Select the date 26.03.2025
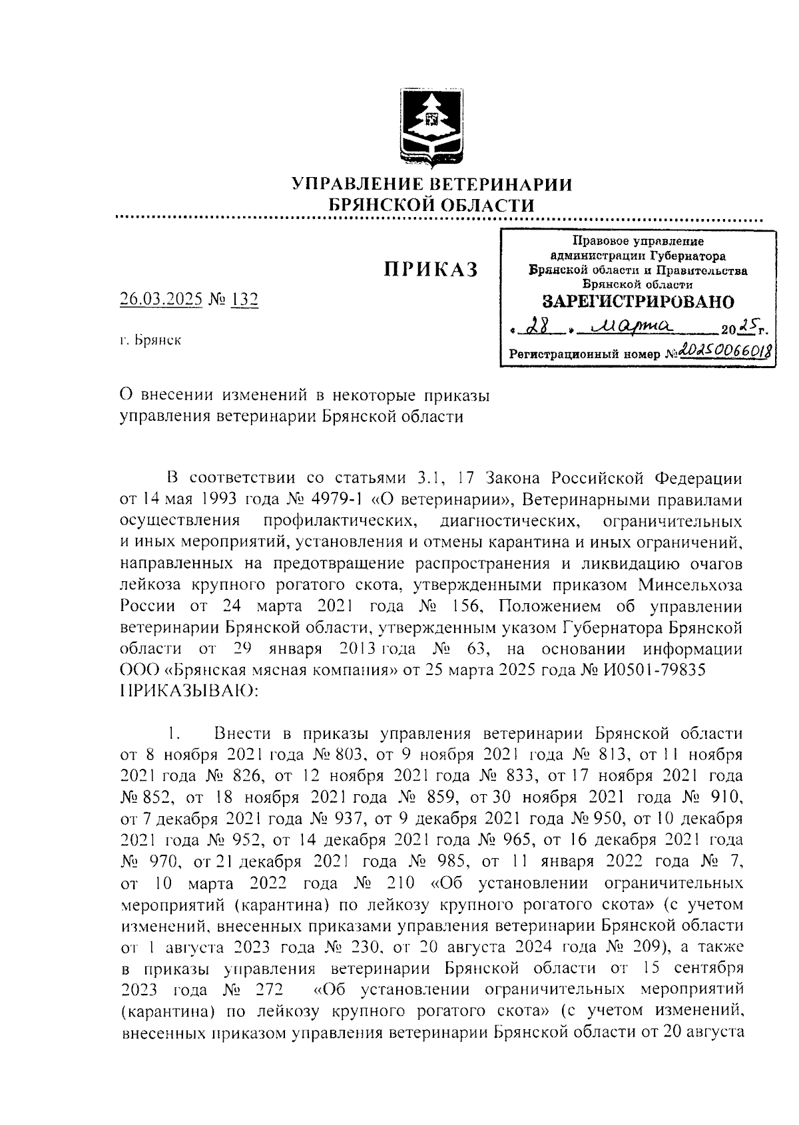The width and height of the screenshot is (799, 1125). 161,300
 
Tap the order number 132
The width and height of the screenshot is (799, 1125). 244,300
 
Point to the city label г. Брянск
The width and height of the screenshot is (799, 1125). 150,341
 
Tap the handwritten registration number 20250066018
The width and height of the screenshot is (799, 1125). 724,349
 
